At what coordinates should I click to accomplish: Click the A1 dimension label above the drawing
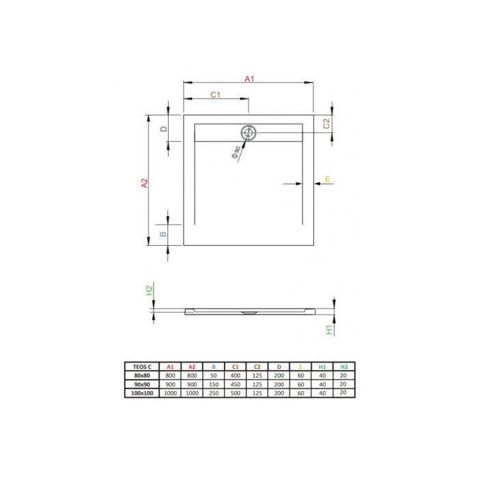249,79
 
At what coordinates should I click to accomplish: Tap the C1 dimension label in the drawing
215,95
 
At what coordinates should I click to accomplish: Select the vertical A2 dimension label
144,183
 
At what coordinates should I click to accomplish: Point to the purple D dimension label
164,129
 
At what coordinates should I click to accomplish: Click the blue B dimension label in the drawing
163,234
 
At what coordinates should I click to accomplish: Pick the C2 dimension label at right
326,124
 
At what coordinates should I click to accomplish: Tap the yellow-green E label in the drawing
328,179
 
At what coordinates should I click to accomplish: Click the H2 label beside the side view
149,290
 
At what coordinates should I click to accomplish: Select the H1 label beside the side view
329,330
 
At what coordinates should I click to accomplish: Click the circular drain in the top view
249,132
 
